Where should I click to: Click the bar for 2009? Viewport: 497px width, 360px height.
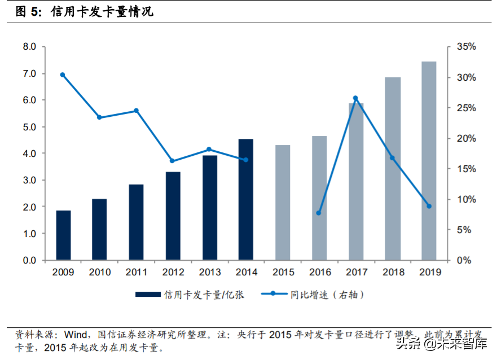[63, 235]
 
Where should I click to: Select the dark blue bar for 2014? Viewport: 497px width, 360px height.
[246, 200]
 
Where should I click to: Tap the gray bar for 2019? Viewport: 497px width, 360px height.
[429, 161]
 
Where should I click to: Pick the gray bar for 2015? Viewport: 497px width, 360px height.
[283, 203]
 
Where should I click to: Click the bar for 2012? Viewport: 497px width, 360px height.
[173, 216]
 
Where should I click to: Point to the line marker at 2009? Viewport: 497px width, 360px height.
[62, 75]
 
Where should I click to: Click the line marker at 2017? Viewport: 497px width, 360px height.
[355, 98]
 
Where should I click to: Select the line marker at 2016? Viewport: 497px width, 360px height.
[319, 213]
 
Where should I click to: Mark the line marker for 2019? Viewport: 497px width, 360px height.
[429, 207]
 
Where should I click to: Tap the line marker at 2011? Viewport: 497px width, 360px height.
[136, 111]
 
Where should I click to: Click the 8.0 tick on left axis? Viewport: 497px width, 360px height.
[29, 47]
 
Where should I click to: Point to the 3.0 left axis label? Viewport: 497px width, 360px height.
[29, 181]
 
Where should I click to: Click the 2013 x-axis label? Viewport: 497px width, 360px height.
[209, 272]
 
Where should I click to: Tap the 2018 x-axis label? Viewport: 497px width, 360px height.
[393, 272]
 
